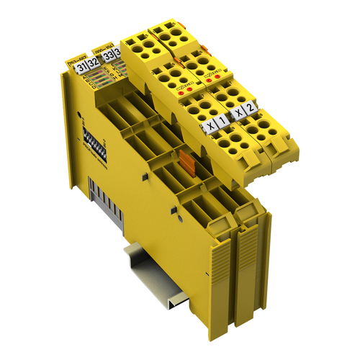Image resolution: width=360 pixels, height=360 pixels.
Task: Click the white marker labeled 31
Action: [81, 67]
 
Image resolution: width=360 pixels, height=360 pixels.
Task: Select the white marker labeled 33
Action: [108, 55]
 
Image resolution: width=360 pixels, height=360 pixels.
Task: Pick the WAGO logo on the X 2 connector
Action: [210, 74]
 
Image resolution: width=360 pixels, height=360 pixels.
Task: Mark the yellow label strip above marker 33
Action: [104, 45]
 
